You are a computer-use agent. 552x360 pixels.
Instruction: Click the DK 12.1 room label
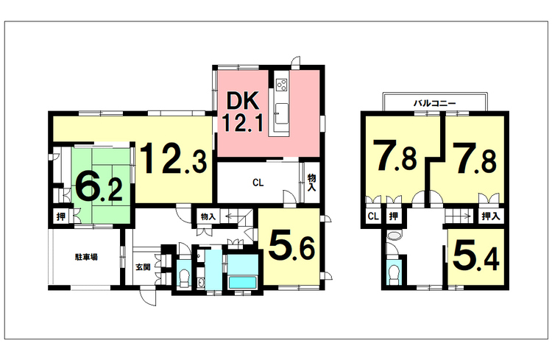[244, 111]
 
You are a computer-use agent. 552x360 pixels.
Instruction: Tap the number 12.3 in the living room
[173, 158]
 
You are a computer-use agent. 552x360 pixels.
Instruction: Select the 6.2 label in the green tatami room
[99, 189]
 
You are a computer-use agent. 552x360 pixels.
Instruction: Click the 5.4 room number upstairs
[476, 256]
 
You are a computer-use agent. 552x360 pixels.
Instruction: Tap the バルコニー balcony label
[434, 103]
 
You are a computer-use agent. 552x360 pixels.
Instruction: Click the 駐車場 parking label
[86, 257]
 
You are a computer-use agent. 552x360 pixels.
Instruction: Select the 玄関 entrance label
[143, 267]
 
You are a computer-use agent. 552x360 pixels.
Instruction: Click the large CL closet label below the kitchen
[258, 183]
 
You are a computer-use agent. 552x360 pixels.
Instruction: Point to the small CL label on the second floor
[373, 216]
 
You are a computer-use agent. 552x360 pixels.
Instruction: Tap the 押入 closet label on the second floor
[491, 216]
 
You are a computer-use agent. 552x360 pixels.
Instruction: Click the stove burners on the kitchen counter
[282, 85]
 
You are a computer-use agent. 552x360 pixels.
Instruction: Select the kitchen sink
[282, 113]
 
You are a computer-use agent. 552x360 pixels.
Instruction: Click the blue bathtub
[243, 282]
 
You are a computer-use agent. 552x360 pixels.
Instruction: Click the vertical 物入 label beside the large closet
[311, 183]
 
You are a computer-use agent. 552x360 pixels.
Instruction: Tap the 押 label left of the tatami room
[61, 216]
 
